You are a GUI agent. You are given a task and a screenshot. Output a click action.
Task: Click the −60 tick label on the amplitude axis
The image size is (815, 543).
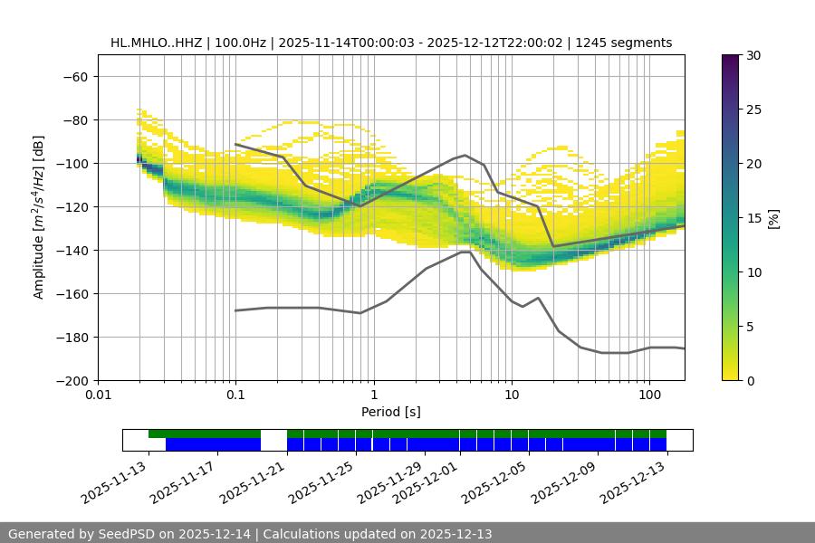pyautogui.click(x=74, y=76)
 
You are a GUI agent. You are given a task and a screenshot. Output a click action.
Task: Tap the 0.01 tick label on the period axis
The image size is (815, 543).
pyautogui.click(x=98, y=395)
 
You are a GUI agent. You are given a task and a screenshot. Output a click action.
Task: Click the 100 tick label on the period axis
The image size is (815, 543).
pyautogui.click(x=649, y=395)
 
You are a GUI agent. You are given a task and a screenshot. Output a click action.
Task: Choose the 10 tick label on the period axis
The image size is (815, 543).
pyautogui.click(x=512, y=395)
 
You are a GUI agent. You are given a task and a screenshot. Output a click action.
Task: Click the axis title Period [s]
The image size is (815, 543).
pyautogui.click(x=391, y=412)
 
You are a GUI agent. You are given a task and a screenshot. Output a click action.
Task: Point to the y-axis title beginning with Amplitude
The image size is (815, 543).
pyautogui.click(x=39, y=218)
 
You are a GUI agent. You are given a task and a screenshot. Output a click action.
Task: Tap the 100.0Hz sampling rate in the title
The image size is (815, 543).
pyautogui.click(x=242, y=43)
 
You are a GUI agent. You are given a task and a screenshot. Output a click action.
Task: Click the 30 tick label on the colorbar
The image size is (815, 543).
pyautogui.click(x=753, y=55)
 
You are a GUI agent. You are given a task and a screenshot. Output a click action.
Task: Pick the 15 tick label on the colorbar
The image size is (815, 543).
pyautogui.click(x=753, y=218)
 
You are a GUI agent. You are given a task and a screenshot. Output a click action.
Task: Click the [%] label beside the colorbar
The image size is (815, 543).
pyautogui.click(x=774, y=218)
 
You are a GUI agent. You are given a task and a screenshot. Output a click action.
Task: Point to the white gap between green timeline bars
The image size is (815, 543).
pyautogui.click(x=273, y=434)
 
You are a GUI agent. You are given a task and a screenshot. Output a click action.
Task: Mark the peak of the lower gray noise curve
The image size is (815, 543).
pyautogui.click(x=465, y=252)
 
